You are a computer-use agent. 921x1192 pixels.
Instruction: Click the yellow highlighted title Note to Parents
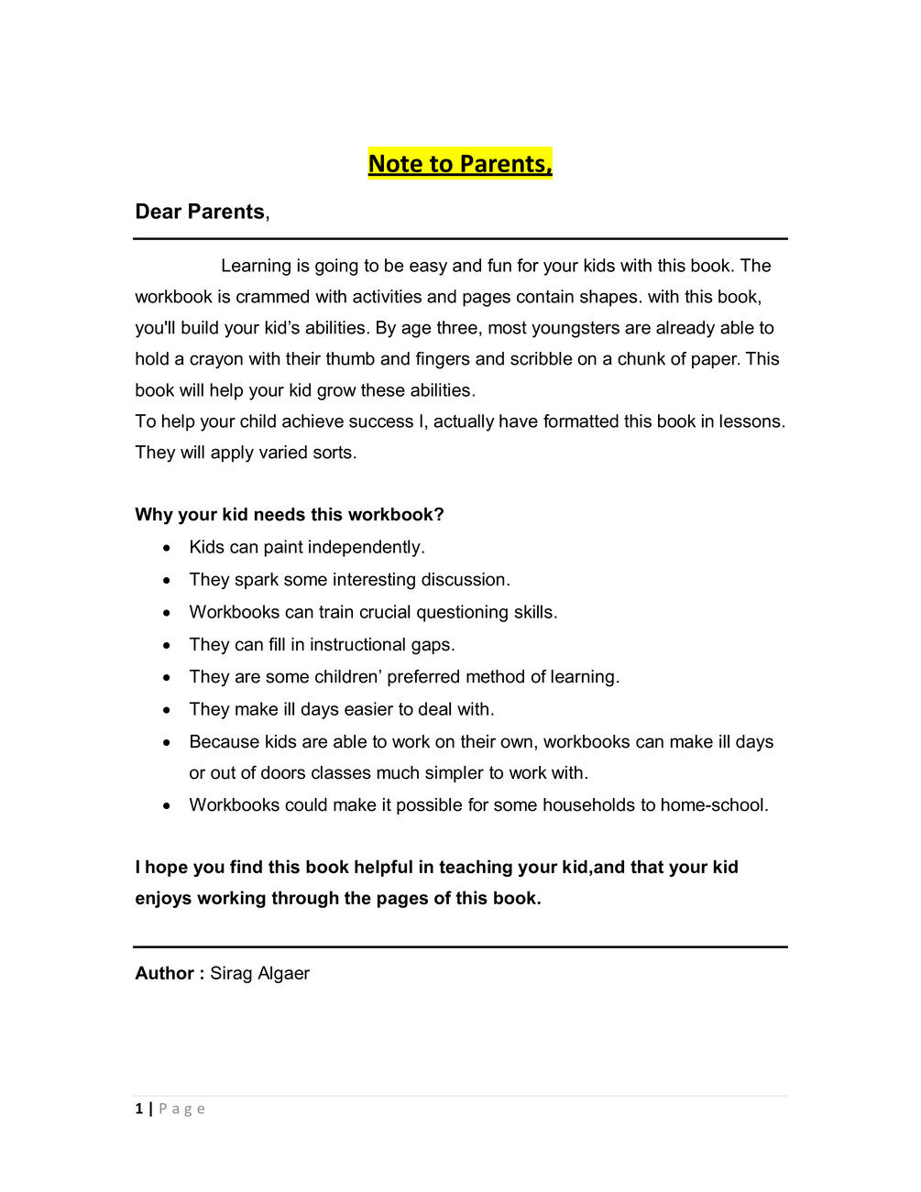[460, 164]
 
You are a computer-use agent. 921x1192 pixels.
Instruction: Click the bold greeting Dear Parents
[200, 212]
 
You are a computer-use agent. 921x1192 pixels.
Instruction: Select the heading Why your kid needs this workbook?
[290, 515]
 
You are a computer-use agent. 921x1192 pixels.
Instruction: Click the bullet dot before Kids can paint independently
[167, 548]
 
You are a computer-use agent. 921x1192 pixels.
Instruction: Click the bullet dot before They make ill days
[167, 710]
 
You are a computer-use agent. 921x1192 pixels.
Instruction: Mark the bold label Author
[165, 974]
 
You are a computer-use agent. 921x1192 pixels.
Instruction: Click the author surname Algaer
[284, 974]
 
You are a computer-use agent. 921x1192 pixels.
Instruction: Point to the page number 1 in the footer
[139, 1109]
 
